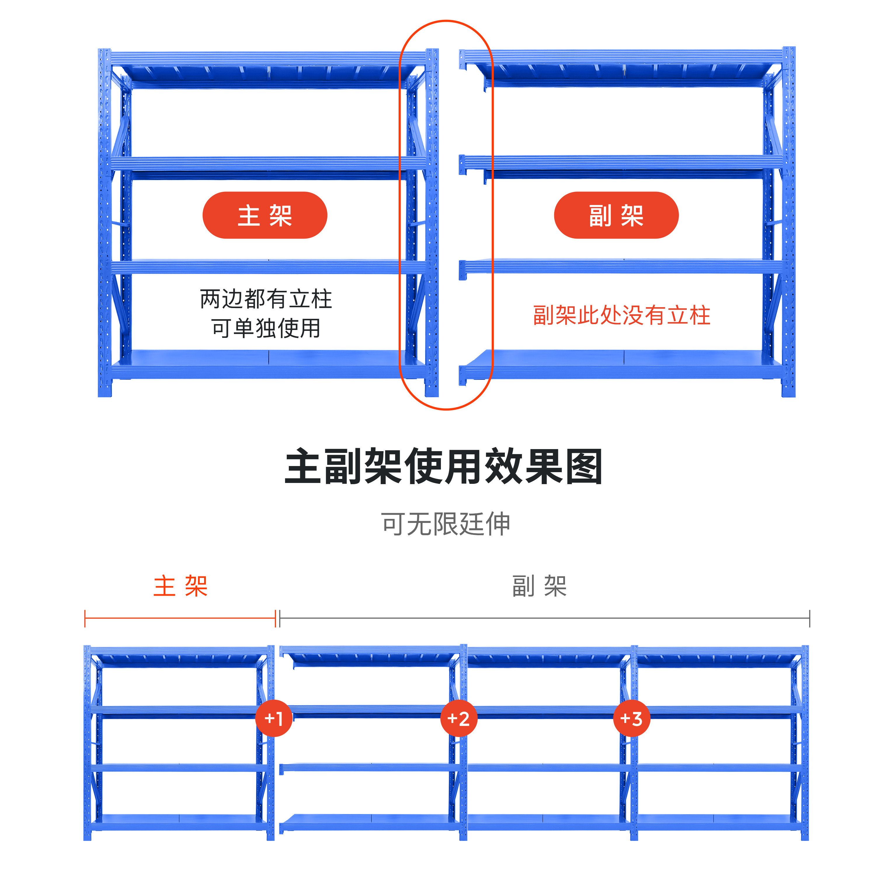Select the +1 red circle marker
273,718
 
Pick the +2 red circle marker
458,718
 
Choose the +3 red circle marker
631,718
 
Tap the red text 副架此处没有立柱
621,315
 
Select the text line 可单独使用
266,328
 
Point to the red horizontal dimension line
180,618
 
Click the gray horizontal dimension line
544,618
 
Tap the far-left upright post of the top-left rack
104,222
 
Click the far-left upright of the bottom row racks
87,744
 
